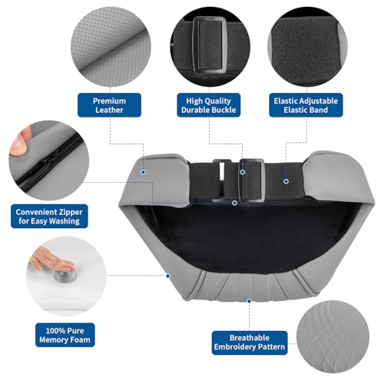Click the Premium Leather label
pos(109,105)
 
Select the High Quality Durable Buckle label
pos(209,105)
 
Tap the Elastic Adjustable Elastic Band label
pos(306,105)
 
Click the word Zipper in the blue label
pos(71,212)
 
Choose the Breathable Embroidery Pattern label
pos(250,343)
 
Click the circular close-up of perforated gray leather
pos(111,47)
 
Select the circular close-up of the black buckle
pos(210,47)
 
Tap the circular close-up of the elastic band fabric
pos(307,47)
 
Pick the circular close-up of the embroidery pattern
pos(333,336)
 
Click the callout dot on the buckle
pos(243,172)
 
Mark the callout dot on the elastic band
pos(286,181)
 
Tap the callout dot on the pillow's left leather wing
pos(143,172)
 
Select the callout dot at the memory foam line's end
pos(168,276)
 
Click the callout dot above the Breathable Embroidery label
pos(249,301)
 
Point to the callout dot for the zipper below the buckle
pos(234,203)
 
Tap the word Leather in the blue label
pos(109,110)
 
